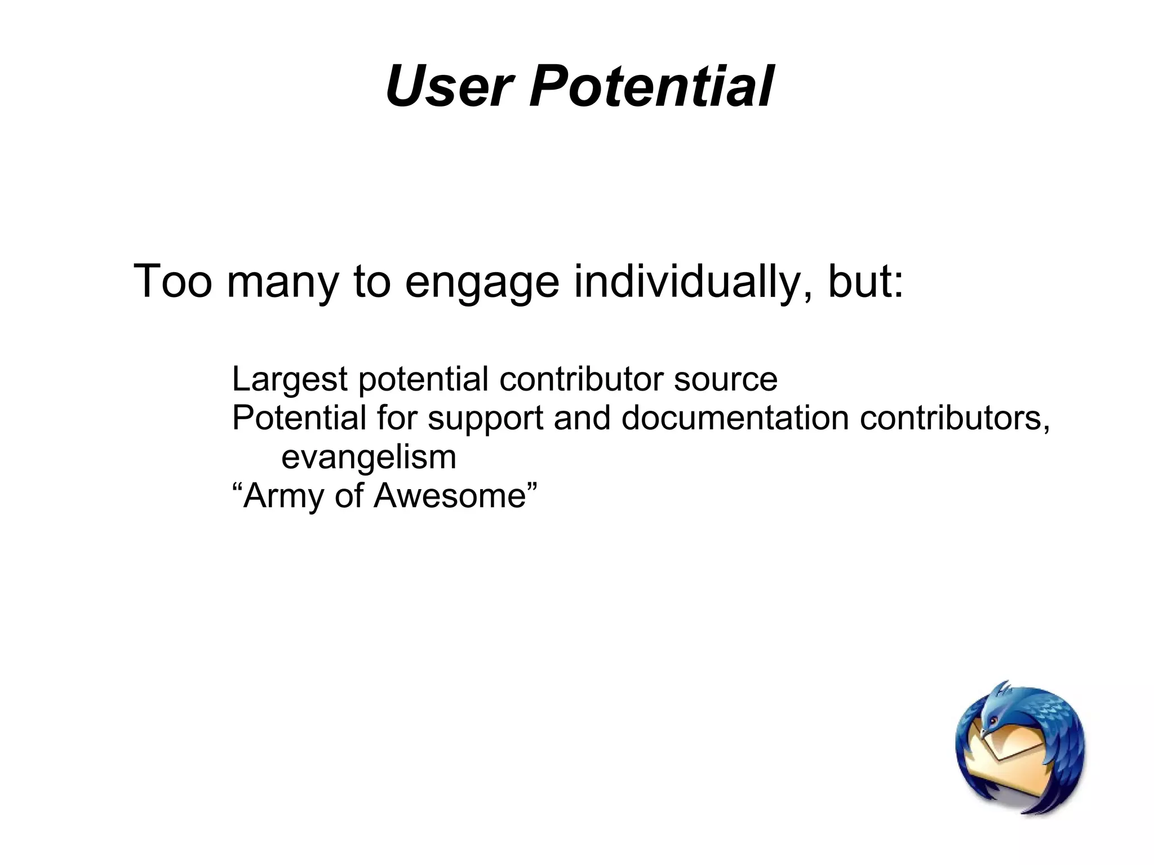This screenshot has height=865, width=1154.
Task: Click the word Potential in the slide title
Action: click(x=651, y=87)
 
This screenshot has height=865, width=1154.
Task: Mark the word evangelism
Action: click(x=369, y=457)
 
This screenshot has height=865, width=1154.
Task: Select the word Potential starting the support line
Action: click(x=299, y=418)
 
